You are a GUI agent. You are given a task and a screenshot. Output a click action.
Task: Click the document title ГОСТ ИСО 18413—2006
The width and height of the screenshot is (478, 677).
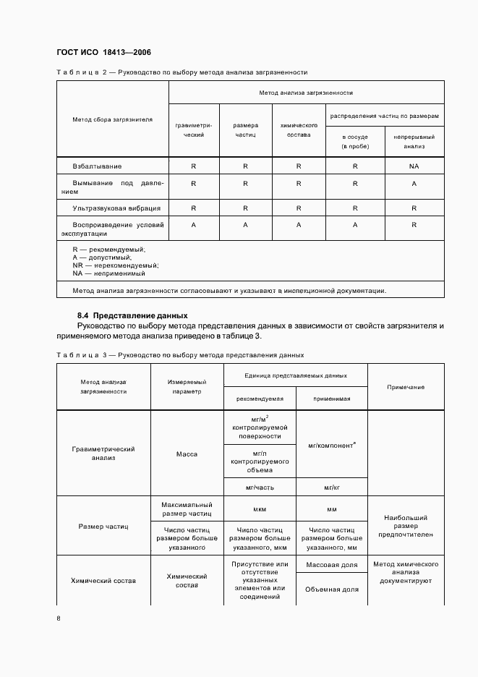click(x=103, y=52)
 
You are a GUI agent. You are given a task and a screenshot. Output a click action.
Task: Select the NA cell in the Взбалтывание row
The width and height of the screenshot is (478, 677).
click(x=414, y=166)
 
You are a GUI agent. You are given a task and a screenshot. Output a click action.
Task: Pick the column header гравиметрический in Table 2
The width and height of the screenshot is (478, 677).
click(x=194, y=129)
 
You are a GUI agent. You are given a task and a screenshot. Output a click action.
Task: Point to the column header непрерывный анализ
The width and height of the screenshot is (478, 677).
click(x=414, y=141)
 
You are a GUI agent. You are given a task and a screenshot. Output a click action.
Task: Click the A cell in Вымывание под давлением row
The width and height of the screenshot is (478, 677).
click(x=414, y=184)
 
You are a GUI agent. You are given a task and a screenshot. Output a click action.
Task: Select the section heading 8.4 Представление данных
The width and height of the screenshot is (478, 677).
click(x=132, y=315)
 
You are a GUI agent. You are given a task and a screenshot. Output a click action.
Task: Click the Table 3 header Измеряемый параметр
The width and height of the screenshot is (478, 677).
click(x=187, y=386)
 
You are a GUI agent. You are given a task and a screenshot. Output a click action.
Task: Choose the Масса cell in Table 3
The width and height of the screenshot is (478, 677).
click(x=187, y=454)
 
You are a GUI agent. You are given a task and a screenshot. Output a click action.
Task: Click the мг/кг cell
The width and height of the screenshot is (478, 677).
click(x=331, y=487)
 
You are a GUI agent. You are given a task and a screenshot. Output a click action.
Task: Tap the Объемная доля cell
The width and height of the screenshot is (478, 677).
click(x=331, y=589)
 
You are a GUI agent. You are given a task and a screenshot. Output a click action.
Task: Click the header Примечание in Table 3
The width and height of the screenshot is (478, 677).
click(x=406, y=387)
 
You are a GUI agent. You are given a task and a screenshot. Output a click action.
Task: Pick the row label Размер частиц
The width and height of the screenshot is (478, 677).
click(x=103, y=527)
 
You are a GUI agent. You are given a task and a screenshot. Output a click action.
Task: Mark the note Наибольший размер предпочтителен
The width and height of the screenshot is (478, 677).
click(x=406, y=526)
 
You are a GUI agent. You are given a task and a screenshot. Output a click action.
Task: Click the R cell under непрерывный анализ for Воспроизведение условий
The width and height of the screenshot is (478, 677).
click(x=414, y=225)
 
